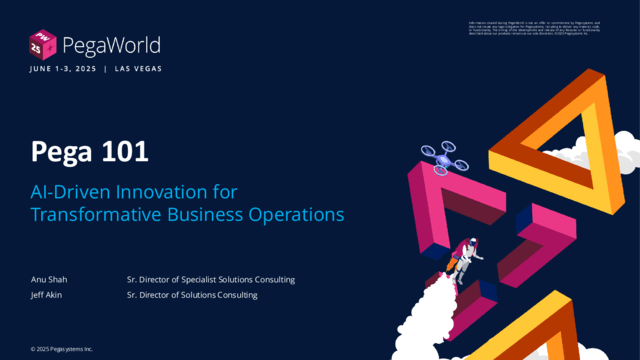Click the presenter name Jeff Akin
(x=47, y=295)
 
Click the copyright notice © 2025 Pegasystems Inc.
(x=61, y=349)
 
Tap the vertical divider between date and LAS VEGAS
(x=106, y=69)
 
